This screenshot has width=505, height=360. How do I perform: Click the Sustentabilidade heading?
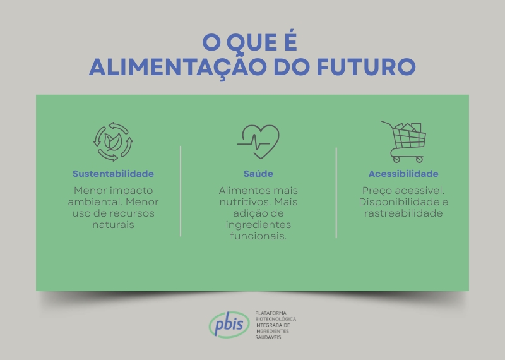(x=113, y=174)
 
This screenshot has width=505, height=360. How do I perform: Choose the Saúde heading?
(x=258, y=174)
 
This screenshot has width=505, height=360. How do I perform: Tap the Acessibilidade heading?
(x=403, y=174)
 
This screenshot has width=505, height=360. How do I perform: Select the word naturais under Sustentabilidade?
(x=113, y=225)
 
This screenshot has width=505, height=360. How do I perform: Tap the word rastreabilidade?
(x=403, y=213)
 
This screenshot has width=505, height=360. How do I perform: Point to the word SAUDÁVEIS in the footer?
(x=268, y=338)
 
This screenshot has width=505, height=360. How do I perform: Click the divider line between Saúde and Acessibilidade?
(x=336, y=193)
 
